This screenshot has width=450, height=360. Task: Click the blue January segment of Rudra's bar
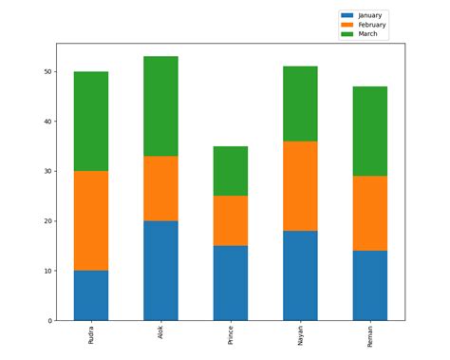[x=91, y=295]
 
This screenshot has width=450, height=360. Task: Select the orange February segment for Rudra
[x=91, y=220]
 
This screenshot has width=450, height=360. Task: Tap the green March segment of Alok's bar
[x=160, y=105]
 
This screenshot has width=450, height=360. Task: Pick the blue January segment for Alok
[x=160, y=271]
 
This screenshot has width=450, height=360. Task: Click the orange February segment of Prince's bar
[x=231, y=220]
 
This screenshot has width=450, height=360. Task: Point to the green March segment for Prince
[x=231, y=171]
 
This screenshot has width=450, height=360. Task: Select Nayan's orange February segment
[x=300, y=186]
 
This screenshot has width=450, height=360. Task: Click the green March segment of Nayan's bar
[x=300, y=104]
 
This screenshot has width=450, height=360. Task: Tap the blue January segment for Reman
[x=370, y=285]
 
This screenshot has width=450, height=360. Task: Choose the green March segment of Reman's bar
[x=370, y=131]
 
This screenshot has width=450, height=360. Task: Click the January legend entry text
[x=370, y=16]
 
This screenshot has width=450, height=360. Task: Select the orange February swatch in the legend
[x=347, y=25]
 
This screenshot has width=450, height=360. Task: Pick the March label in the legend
[x=367, y=33]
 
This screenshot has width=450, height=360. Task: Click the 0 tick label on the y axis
[x=48, y=321]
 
